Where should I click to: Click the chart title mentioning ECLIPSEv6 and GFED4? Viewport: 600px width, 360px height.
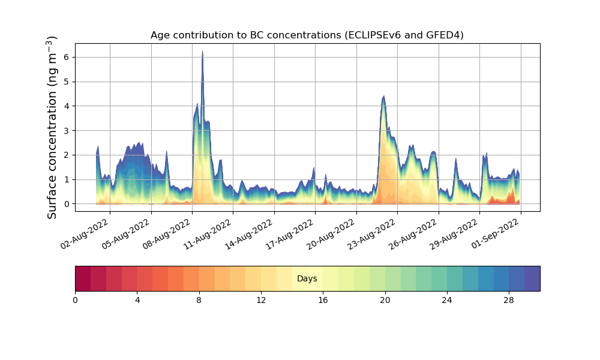(307, 35)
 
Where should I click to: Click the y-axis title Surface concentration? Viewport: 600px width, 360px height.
(52, 127)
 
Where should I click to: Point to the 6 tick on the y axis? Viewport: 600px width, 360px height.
(67, 57)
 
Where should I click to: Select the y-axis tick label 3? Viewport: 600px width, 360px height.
(67, 130)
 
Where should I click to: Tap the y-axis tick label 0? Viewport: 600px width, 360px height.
(67, 204)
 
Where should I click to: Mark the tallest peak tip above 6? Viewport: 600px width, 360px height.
(202, 52)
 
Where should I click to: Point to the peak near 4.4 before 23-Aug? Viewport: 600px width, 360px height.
(383, 96)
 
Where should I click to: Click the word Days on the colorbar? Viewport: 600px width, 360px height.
(307, 279)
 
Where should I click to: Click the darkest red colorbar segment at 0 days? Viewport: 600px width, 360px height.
(83, 278)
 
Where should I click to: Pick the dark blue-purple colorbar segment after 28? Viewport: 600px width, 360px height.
(532, 278)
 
